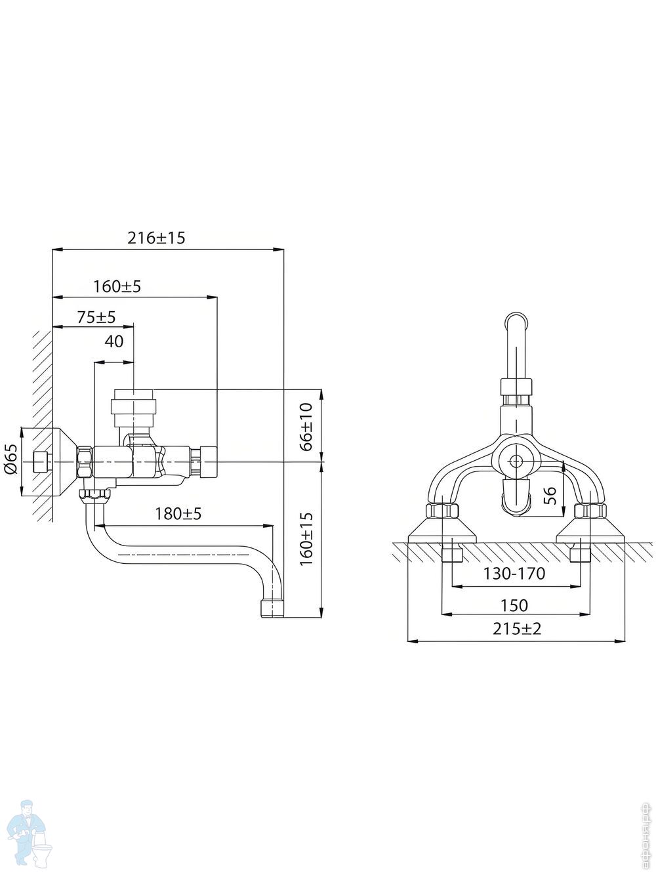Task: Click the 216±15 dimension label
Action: pos(156,238)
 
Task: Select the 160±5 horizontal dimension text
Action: pos(117,286)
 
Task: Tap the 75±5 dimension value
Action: pos(96,317)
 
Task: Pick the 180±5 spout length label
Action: pos(178,514)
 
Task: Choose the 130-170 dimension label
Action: pos(514,574)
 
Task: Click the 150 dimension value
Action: pos(514,605)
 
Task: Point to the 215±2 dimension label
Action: pos(516,629)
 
